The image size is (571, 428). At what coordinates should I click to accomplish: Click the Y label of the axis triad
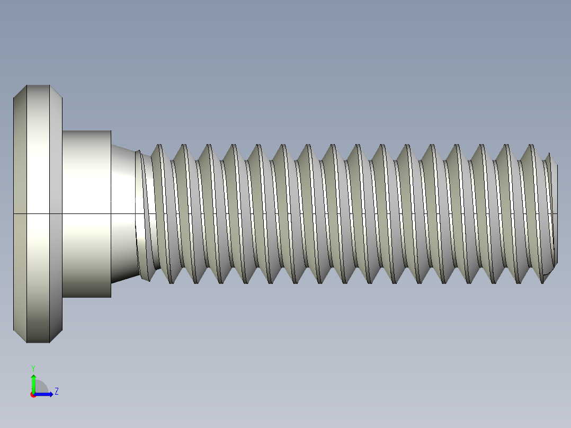tap(33, 368)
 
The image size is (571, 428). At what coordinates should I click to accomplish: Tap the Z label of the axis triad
tap(56, 391)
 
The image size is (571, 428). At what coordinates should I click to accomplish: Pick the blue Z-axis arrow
tap(46, 394)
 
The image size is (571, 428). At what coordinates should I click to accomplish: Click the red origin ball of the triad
tap(33, 395)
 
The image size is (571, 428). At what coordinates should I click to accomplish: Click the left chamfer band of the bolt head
tap(20, 214)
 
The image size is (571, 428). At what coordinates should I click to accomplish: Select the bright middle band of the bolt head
tap(38, 214)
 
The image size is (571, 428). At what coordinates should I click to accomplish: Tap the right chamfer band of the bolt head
tap(56, 214)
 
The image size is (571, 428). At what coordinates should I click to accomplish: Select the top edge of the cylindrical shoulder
tap(87, 131)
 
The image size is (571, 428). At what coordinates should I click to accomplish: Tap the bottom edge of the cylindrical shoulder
tap(87, 297)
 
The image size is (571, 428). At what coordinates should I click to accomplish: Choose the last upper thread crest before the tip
tap(530, 145)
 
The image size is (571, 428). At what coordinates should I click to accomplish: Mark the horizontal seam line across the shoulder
tap(87, 213)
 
